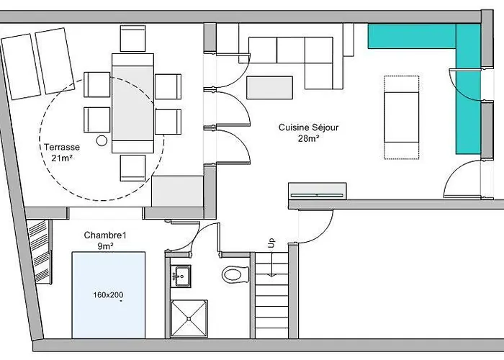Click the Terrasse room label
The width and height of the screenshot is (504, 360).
pos(62,147)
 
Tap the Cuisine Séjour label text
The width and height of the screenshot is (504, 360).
pos(308,127)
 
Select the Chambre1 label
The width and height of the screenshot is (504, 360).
pos(105,235)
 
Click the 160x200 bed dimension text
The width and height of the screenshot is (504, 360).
pos(108,294)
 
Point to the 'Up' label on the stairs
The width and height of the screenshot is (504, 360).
pos(271,243)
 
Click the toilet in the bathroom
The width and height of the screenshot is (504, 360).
pos(236,275)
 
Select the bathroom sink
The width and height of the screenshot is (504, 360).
pos(181,276)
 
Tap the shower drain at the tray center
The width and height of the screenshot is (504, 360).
pos(189,318)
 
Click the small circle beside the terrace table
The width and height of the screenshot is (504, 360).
pos(102,141)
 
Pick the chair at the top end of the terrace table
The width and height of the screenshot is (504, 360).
pos(132,39)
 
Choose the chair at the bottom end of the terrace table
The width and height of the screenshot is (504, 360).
pos(132,168)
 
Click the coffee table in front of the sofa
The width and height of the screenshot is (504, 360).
pos(270,87)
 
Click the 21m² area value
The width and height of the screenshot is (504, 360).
pos(61,158)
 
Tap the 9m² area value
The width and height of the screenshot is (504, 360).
pos(105,246)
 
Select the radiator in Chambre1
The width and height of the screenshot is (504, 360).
pos(40,252)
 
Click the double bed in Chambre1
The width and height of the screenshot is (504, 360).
pos(109,295)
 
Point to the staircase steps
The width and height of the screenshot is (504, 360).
pos(272,295)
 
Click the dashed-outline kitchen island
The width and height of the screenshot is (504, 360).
pos(402,117)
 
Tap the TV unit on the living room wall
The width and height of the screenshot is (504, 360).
pos(318,192)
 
